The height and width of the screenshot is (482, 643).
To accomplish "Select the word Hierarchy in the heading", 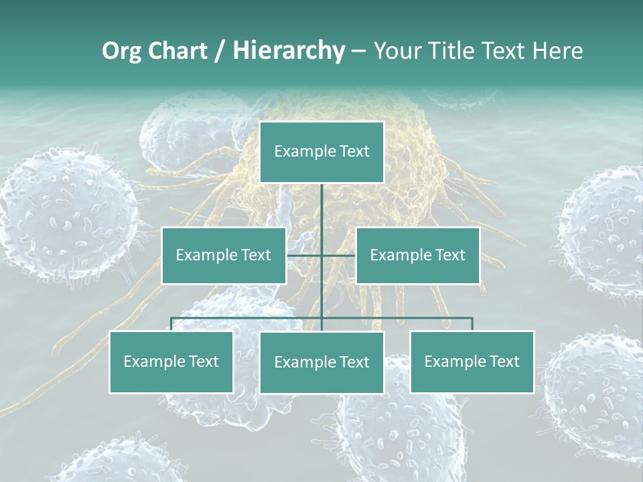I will (289, 51).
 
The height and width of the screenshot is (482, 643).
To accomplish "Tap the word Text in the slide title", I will (506, 51).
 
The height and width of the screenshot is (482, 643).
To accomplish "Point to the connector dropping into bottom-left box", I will (171, 324).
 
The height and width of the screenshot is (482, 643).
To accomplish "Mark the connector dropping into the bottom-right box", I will (472, 324).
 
